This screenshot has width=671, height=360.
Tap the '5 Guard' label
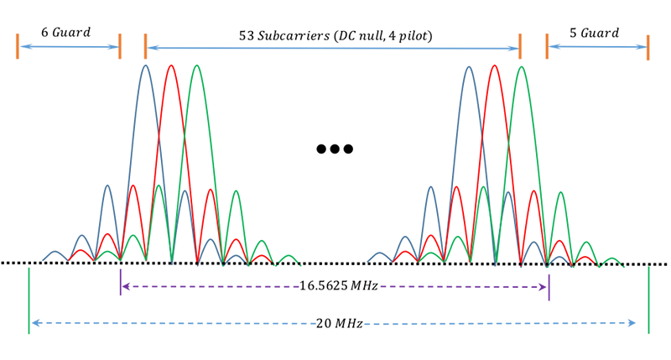[x=594, y=33]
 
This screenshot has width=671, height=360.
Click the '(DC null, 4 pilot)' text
[x=382, y=38]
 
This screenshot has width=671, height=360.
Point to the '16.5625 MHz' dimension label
[x=335, y=286]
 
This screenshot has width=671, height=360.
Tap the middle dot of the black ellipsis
[x=335, y=149]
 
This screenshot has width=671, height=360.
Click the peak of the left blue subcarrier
[x=145, y=65]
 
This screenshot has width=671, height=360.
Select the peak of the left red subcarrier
[x=171, y=65]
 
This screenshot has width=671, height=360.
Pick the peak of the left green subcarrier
[x=196, y=65]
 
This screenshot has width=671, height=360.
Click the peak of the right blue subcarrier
[x=469, y=65]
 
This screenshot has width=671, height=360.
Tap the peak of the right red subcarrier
[x=495, y=65]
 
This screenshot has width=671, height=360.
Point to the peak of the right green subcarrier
[x=521, y=65]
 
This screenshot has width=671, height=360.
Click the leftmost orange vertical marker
[x=17, y=47]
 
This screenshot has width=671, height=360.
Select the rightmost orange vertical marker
[x=648, y=47]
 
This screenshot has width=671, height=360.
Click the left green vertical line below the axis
[x=29, y=300]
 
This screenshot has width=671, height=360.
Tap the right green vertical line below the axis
[x=648, y=300]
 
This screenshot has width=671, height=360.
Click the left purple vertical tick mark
[x=121, y=284]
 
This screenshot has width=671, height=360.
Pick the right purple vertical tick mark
[x=549, y=287]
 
